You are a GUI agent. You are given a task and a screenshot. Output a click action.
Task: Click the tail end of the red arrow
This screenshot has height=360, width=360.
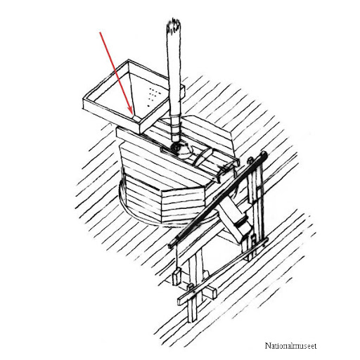click(100, 32)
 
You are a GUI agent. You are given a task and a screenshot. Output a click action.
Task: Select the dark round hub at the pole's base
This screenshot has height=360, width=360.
click(176, 147)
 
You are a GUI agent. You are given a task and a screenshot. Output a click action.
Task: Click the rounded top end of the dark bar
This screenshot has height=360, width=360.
click(264, 154)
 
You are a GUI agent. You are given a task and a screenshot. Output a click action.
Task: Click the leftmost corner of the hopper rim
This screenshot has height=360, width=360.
click(84, 101)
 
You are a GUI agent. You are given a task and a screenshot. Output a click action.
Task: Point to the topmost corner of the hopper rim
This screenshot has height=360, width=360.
click(129, 60)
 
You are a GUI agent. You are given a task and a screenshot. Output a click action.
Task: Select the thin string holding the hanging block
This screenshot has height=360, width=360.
click(176, 258)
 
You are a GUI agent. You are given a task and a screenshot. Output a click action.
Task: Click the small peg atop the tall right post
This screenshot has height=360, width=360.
click(251, 160)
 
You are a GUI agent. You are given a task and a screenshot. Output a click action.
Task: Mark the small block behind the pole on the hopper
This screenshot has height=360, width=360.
click(183, 91)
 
